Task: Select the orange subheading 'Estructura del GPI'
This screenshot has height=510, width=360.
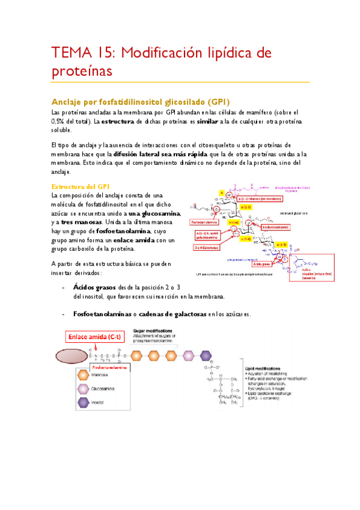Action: (x=80, y=186)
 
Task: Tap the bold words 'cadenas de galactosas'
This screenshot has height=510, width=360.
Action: (x=172, y=315)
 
